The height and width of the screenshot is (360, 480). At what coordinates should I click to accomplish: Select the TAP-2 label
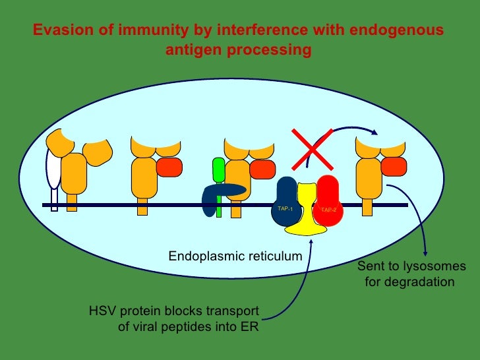[x=328, y=210]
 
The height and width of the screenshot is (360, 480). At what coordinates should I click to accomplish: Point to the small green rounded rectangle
[x=218, y=169]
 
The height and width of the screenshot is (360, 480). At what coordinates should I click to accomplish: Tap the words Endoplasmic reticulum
[x=235, y=255]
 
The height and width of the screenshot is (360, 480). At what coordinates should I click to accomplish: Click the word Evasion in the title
[x=58, y=31]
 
